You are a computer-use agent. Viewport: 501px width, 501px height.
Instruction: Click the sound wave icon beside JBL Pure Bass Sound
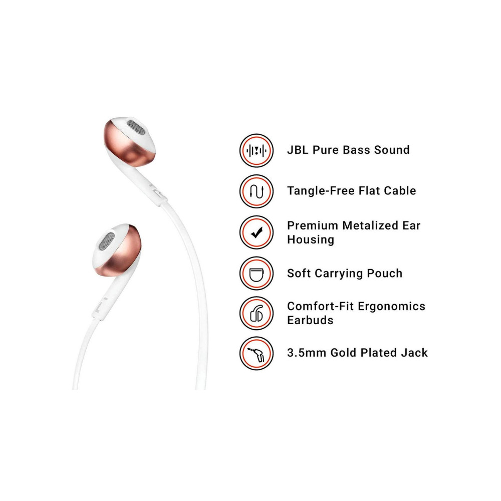(x=256, y=150)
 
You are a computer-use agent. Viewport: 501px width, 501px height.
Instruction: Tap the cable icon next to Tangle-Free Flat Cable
(x=256, y=191)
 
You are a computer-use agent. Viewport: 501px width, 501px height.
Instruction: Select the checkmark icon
(x=256, y=232)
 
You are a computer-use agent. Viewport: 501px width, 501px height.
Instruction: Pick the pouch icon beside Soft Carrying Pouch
(x=256, y=274)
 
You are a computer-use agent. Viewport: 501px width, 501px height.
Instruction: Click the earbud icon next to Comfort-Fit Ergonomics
(x=256, y=313)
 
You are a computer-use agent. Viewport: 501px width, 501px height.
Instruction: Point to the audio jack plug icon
(x=256, y=353)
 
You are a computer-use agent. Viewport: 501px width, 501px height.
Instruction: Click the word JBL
(x=298, y=150)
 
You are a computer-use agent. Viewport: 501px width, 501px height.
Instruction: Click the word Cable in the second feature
(x=400, y=191)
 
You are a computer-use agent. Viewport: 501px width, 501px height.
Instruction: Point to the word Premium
(x=313, y=225)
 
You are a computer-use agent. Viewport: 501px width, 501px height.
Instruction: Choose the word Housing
(x=311, y=239)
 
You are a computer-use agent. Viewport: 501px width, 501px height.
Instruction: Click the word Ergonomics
(x=391, y=307)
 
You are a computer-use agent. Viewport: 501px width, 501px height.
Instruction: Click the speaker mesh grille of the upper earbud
(x=136, y=127)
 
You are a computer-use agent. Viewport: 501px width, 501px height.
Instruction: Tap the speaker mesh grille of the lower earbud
(x=106, y=241)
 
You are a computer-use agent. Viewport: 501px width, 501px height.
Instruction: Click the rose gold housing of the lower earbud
(x=123, y=253)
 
